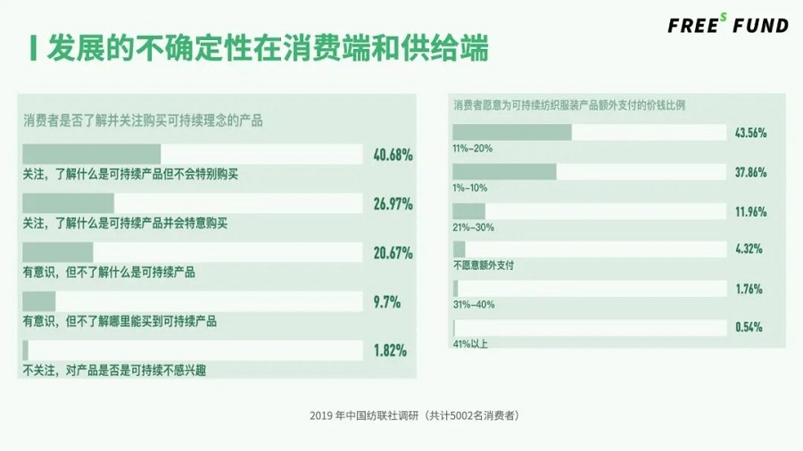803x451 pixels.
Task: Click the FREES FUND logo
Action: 728,24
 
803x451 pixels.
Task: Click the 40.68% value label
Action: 393,154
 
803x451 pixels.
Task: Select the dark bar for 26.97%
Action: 69,203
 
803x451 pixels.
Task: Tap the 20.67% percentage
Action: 393,253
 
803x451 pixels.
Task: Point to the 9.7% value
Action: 386,302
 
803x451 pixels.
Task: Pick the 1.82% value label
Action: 390,350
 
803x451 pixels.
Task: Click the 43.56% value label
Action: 749,133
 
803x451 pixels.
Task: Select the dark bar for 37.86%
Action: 505,172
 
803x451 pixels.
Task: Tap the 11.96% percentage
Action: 749,212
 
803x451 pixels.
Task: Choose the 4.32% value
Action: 747,250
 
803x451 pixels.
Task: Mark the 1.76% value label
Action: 747,289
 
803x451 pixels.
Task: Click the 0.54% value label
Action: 747,327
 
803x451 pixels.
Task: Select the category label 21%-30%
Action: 474,226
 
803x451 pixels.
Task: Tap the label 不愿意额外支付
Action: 484,265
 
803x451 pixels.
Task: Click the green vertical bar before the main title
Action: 33,48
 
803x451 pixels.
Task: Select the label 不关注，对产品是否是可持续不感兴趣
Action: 114,370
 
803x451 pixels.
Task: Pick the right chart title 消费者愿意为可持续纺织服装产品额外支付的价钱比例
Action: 569,104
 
